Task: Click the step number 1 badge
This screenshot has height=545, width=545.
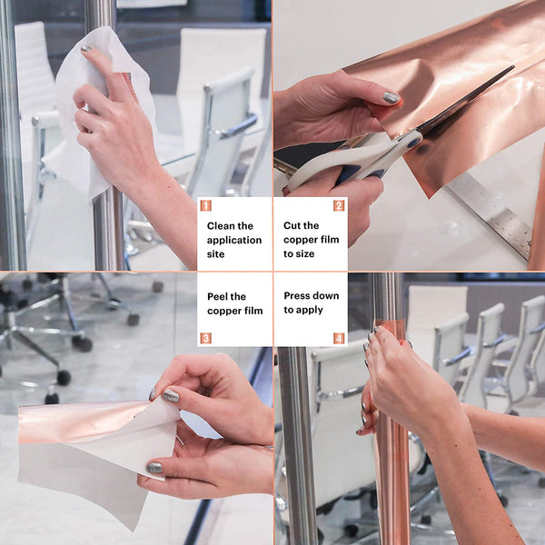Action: point(206,205)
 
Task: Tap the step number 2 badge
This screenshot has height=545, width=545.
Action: point(339,205)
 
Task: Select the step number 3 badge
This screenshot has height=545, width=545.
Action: point(206,338)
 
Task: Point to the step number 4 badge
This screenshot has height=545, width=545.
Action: point(339,338)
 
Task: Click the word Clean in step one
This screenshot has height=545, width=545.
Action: point(221,226)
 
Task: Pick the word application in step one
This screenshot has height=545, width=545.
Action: point(234,241)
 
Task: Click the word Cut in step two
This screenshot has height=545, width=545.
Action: point(291,225)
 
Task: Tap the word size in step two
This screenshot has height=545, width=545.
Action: point(306,254)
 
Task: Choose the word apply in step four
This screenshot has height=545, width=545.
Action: point(310,310)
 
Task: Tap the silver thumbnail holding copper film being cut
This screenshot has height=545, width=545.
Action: point(391,98)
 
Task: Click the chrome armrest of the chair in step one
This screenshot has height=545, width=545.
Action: point(235,126)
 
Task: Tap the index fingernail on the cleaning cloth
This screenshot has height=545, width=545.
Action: point(86,48)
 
